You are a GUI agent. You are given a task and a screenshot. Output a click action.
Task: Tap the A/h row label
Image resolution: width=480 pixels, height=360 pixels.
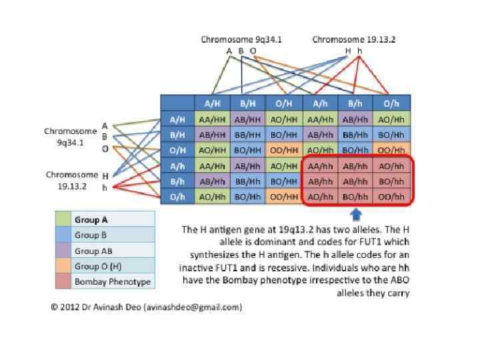pyautogui.click(x=177, y=166)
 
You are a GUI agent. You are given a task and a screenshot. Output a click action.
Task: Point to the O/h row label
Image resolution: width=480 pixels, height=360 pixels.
pyautogui.click(x=177, y=197)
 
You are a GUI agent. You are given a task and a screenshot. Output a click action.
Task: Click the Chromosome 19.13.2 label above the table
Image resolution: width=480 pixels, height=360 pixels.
pyautogui.click(x=354, y=39)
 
